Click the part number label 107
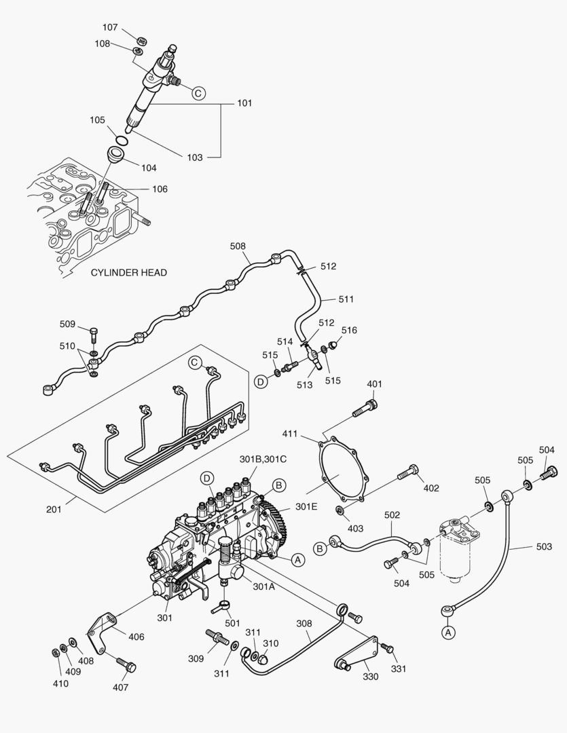(110, 28)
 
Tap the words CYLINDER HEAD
(128, 272)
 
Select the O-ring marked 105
(121, 140)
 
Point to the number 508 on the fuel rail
(238, 246)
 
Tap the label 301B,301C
(263, 459)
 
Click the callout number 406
(136, 637)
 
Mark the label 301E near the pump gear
(306, 507)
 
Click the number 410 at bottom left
(60, 683)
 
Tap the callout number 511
(346, 299)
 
